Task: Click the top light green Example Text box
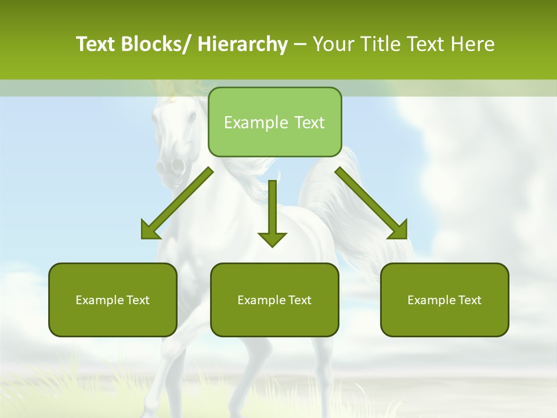click(274, 122)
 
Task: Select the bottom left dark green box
click(113, 300)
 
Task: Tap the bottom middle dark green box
click(274, 300)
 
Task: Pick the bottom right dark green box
click(444, 300)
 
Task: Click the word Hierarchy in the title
click(243, 44)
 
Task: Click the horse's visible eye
click(192, 117)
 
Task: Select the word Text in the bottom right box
click(469, 300)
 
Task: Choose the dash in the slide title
click(300, 44)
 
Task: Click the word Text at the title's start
click(97, 44)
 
